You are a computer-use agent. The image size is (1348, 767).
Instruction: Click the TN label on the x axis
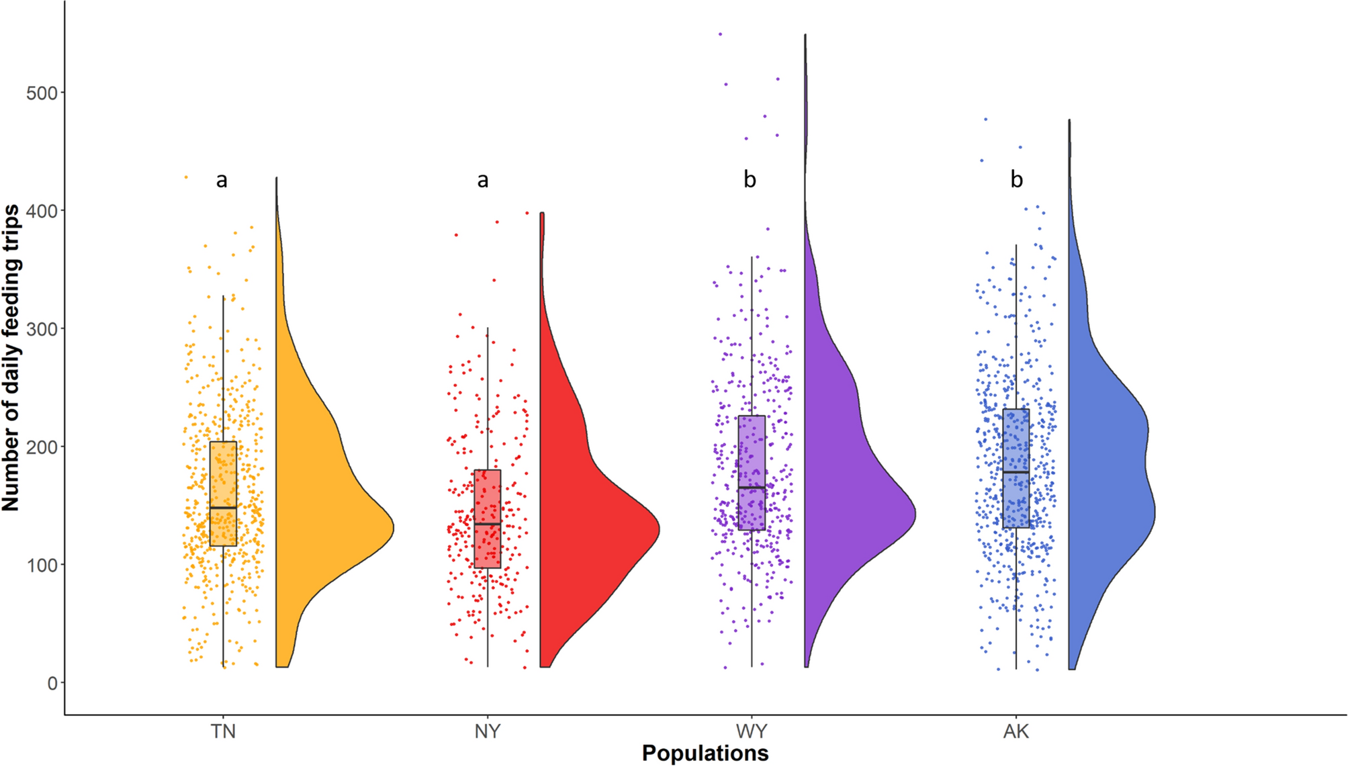coord(223,731)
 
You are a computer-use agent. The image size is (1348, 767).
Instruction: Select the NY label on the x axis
coord(487,731)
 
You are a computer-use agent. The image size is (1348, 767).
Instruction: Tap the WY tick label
coord(751,731)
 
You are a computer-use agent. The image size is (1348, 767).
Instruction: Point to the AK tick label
coord(1016,731)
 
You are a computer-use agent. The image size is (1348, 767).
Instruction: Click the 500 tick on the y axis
coord(41,93)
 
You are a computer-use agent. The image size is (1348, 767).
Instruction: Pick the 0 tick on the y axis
coord(52,683)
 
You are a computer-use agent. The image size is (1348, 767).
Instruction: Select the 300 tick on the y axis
coord(41,329)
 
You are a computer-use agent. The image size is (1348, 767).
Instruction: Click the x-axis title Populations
coord(705,753)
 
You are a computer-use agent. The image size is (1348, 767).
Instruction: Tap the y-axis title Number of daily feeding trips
coord(11,357)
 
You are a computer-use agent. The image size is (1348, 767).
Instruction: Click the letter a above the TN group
coord(222,180)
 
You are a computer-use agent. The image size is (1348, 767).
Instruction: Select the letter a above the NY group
coord(482,180)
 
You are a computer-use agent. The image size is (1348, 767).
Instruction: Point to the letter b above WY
coord(750,180)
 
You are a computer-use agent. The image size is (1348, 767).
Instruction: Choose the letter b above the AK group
coord(1016,180)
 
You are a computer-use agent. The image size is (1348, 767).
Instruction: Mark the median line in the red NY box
coord(487,523)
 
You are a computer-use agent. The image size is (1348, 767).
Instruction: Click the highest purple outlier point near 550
coord(721,34)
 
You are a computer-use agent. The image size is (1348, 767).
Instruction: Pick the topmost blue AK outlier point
coord(985,120)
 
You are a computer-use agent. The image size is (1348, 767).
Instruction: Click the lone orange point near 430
coord(186,177)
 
